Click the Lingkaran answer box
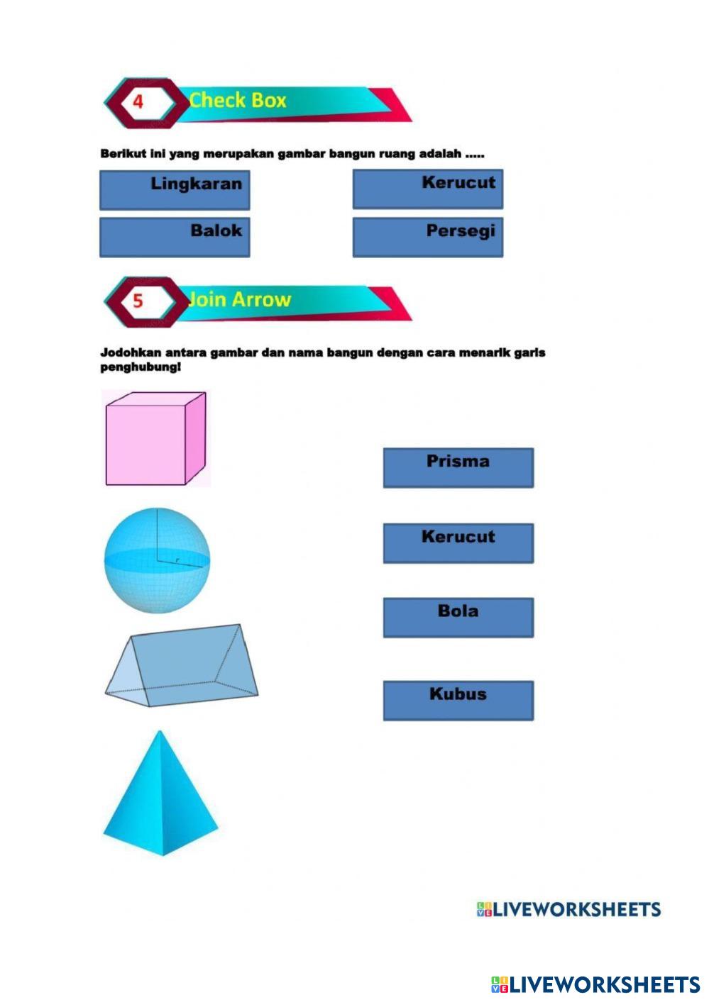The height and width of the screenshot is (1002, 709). (175, 189)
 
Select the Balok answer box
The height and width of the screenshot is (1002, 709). (175, 237)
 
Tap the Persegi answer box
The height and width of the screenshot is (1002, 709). (428, 237)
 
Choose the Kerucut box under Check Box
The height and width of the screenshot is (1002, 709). (428, 189)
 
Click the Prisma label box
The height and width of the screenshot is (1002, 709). (458, 467)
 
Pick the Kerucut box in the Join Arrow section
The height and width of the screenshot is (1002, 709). (458, 543)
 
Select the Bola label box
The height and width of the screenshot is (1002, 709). (458, 617)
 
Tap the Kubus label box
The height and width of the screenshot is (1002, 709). (458, 701)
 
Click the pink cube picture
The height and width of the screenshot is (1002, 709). (155, 439)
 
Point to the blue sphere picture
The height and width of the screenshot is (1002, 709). (157, 560)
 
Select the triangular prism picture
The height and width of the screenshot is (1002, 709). (182, 666)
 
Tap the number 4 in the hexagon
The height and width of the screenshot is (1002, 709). (138, 101)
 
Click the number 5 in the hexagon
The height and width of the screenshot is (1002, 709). (138, 301)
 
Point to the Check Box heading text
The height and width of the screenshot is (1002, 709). (238, 101)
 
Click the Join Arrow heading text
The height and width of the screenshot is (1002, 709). (239, 300)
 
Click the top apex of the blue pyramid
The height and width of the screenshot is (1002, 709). (161, 733)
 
